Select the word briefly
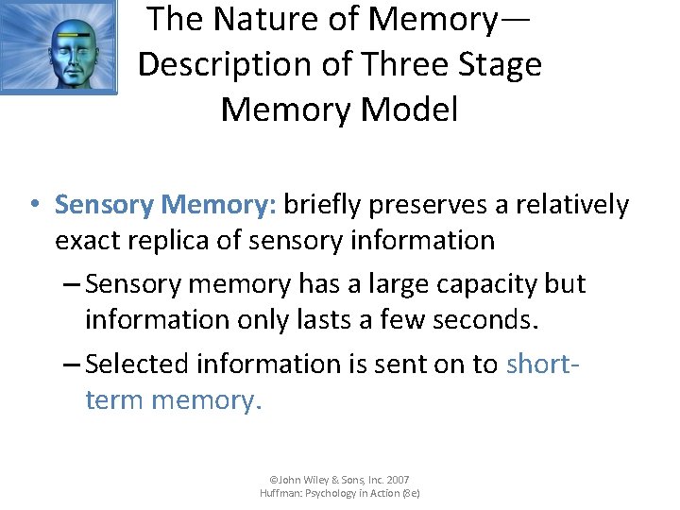coord(322,205)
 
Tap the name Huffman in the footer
coord(281,493)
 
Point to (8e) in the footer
coord(410,493)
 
